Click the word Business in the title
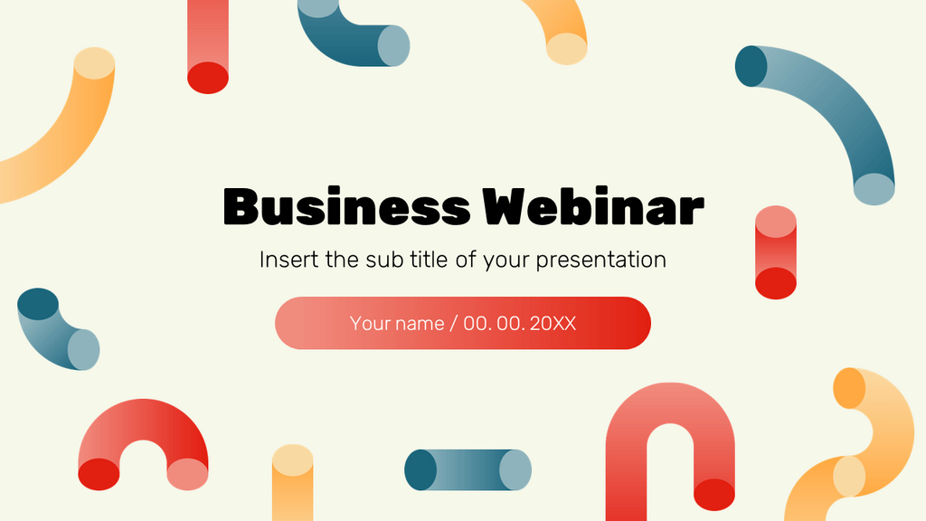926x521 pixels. (346, 207)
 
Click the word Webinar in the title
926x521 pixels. (594, 207)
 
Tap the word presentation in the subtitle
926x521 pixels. (601, 260)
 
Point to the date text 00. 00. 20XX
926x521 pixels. (520, 324)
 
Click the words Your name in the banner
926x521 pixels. (396, 324)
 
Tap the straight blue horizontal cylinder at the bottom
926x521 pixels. (468, 470)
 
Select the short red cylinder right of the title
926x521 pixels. (776, 252)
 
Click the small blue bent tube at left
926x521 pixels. (56, 330)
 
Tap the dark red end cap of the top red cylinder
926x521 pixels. (208, 78)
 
